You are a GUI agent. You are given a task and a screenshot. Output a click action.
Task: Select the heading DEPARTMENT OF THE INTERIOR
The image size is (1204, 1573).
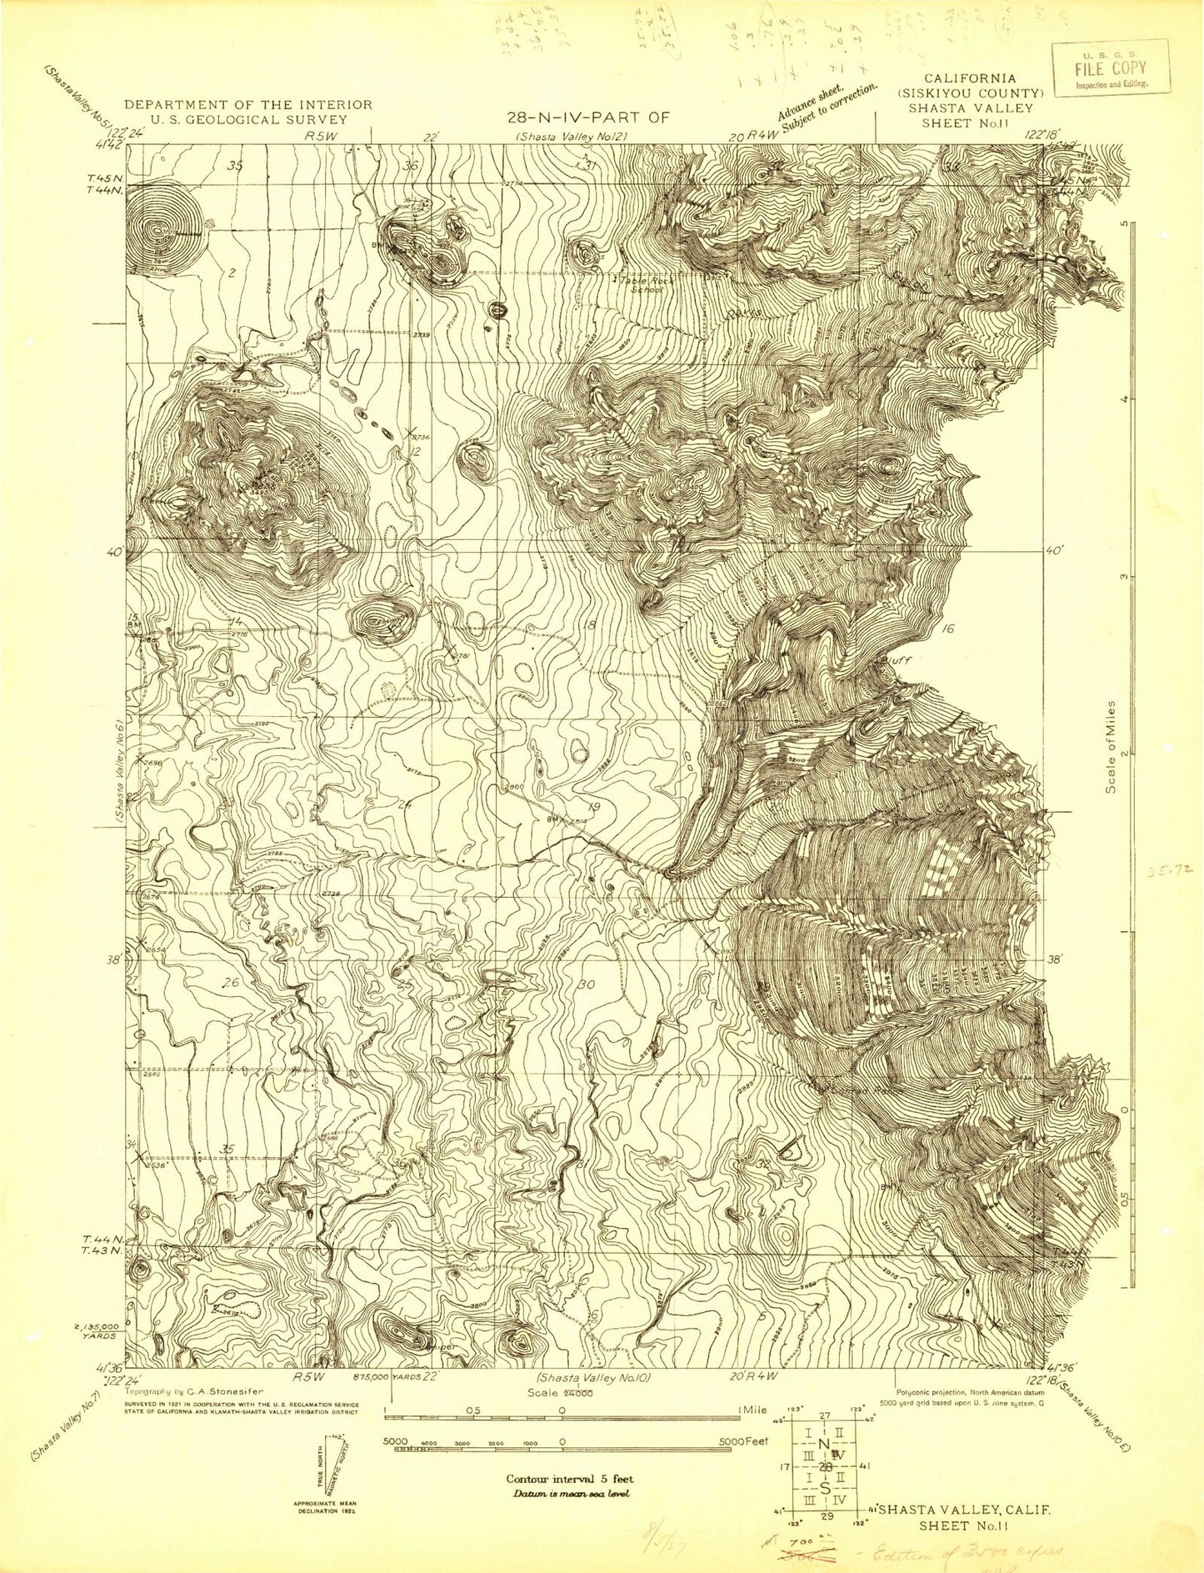pyautogui.click(x=247, y=104)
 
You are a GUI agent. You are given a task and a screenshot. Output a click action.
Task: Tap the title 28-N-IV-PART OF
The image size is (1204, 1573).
pyautogui.click(x=593, y=117)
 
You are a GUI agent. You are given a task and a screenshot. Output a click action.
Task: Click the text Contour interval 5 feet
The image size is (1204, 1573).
pyautogui.click(x=569, y=1479)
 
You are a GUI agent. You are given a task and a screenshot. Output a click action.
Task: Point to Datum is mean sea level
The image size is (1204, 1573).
pyautogui.click(x=569, y=1493)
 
